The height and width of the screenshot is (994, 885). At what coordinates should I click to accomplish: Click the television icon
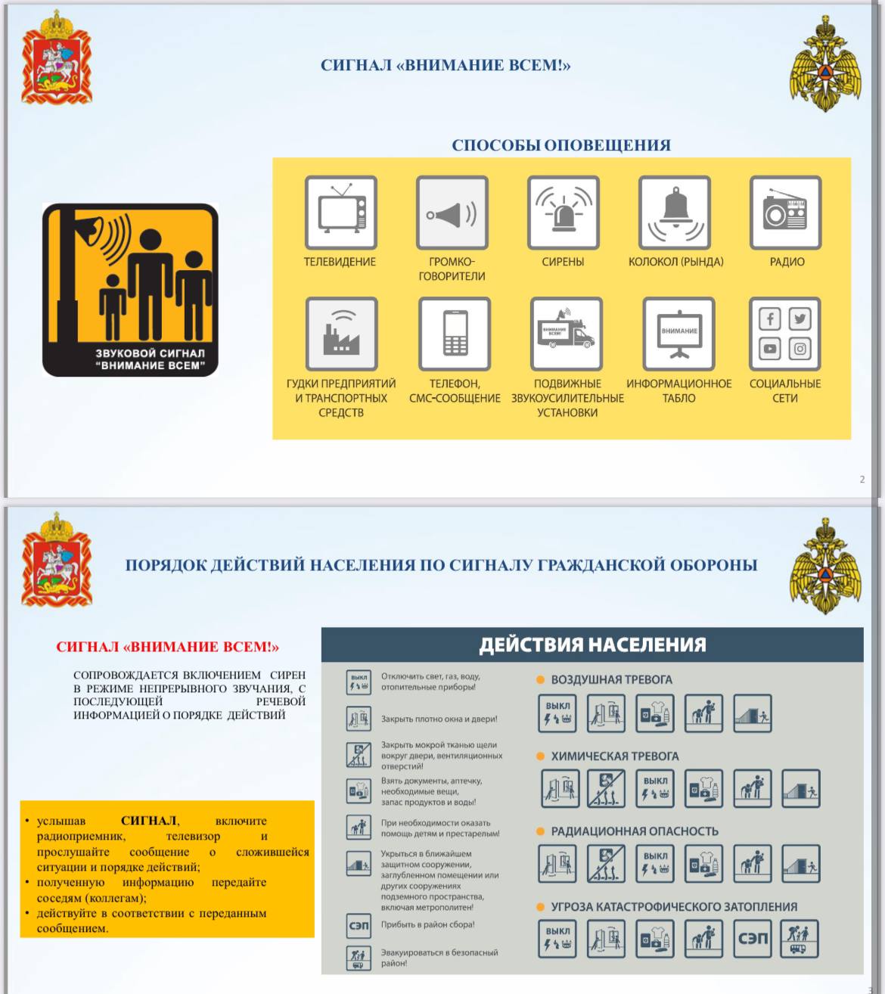[x=340, y=213]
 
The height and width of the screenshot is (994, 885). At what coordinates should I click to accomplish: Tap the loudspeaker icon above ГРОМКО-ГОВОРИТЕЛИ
[x=452, y=213]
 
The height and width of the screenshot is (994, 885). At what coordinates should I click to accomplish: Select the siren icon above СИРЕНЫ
[x=563, y=213]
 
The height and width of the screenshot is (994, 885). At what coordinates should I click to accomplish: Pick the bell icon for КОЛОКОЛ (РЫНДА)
[x=675, y=213]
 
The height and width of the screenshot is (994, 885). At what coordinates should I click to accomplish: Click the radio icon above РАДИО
[x=785, y=213]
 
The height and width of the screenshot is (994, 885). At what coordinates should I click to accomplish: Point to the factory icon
[x=341, y=334]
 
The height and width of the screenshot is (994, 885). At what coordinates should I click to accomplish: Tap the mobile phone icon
[x=454, y=334]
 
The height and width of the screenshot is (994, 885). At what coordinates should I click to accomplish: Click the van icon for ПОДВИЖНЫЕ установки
[x=567, y=334]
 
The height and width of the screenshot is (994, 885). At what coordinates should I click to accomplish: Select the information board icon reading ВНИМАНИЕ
[x=678, y=334]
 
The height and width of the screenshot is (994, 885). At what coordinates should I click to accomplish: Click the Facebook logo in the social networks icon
[x=770, y=318]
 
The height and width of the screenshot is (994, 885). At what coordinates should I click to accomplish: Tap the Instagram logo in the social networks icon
[x=800, y=349]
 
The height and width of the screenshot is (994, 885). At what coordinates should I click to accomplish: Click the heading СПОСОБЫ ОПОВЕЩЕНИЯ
[x=561, y=145]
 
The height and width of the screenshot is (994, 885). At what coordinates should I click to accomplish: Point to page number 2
[x=862, y=479]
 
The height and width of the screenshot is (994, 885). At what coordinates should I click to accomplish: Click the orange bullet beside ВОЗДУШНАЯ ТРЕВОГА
[x=541, y=680]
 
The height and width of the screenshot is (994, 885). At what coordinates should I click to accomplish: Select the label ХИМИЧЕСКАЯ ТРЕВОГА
[x=614, y=756]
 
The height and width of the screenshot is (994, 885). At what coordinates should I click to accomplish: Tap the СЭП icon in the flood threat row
[x=753, y=939]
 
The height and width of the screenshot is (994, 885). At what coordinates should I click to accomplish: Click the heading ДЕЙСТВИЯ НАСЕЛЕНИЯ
[x=592, y=645]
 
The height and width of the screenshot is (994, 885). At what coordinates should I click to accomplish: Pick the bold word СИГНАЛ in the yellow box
[x=149, y=821]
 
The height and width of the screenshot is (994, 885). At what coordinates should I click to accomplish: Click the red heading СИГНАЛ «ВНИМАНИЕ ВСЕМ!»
[x=167, y=647]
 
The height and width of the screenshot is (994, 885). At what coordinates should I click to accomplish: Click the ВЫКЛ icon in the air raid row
[x=557, y=713]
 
